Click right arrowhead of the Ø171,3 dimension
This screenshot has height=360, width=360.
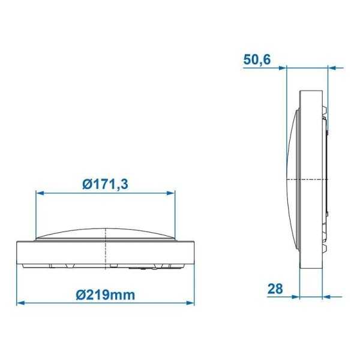(172, 193)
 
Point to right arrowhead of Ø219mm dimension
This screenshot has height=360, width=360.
(192, 302)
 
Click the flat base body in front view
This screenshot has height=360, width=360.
(106, 251)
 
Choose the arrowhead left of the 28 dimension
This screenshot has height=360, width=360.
(295, 296)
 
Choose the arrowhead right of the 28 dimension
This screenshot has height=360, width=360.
(326, 296)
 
